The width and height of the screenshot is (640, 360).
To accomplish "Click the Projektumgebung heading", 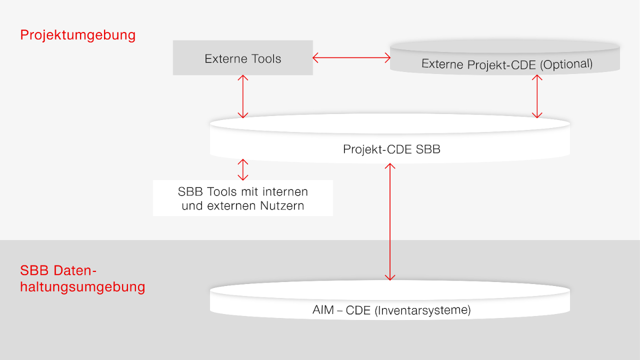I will (x=77, y=35).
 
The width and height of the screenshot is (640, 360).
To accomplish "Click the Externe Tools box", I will (x=242, y=58).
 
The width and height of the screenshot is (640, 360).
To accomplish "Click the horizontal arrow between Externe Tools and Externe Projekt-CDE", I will (x=351, y=58).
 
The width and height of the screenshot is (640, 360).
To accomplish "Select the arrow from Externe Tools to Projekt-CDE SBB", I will (x=242, y=96).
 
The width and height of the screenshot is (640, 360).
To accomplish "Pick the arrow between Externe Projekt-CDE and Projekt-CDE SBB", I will (x=537, y=96).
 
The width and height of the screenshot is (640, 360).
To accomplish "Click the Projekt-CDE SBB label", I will (x=391, y=149).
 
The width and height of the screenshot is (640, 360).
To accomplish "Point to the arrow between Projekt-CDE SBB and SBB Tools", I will (x=242, y=169).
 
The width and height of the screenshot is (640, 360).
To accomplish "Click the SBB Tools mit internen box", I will (x=242, y=198).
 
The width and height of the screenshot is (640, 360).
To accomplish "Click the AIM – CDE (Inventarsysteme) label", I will (x=391, y=310).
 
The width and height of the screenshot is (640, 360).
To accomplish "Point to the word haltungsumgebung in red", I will (x=82, y=287).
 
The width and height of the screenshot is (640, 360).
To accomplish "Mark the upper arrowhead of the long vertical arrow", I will (x=390, y=165).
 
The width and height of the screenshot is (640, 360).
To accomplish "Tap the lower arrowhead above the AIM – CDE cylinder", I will (x=390, y=277).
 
